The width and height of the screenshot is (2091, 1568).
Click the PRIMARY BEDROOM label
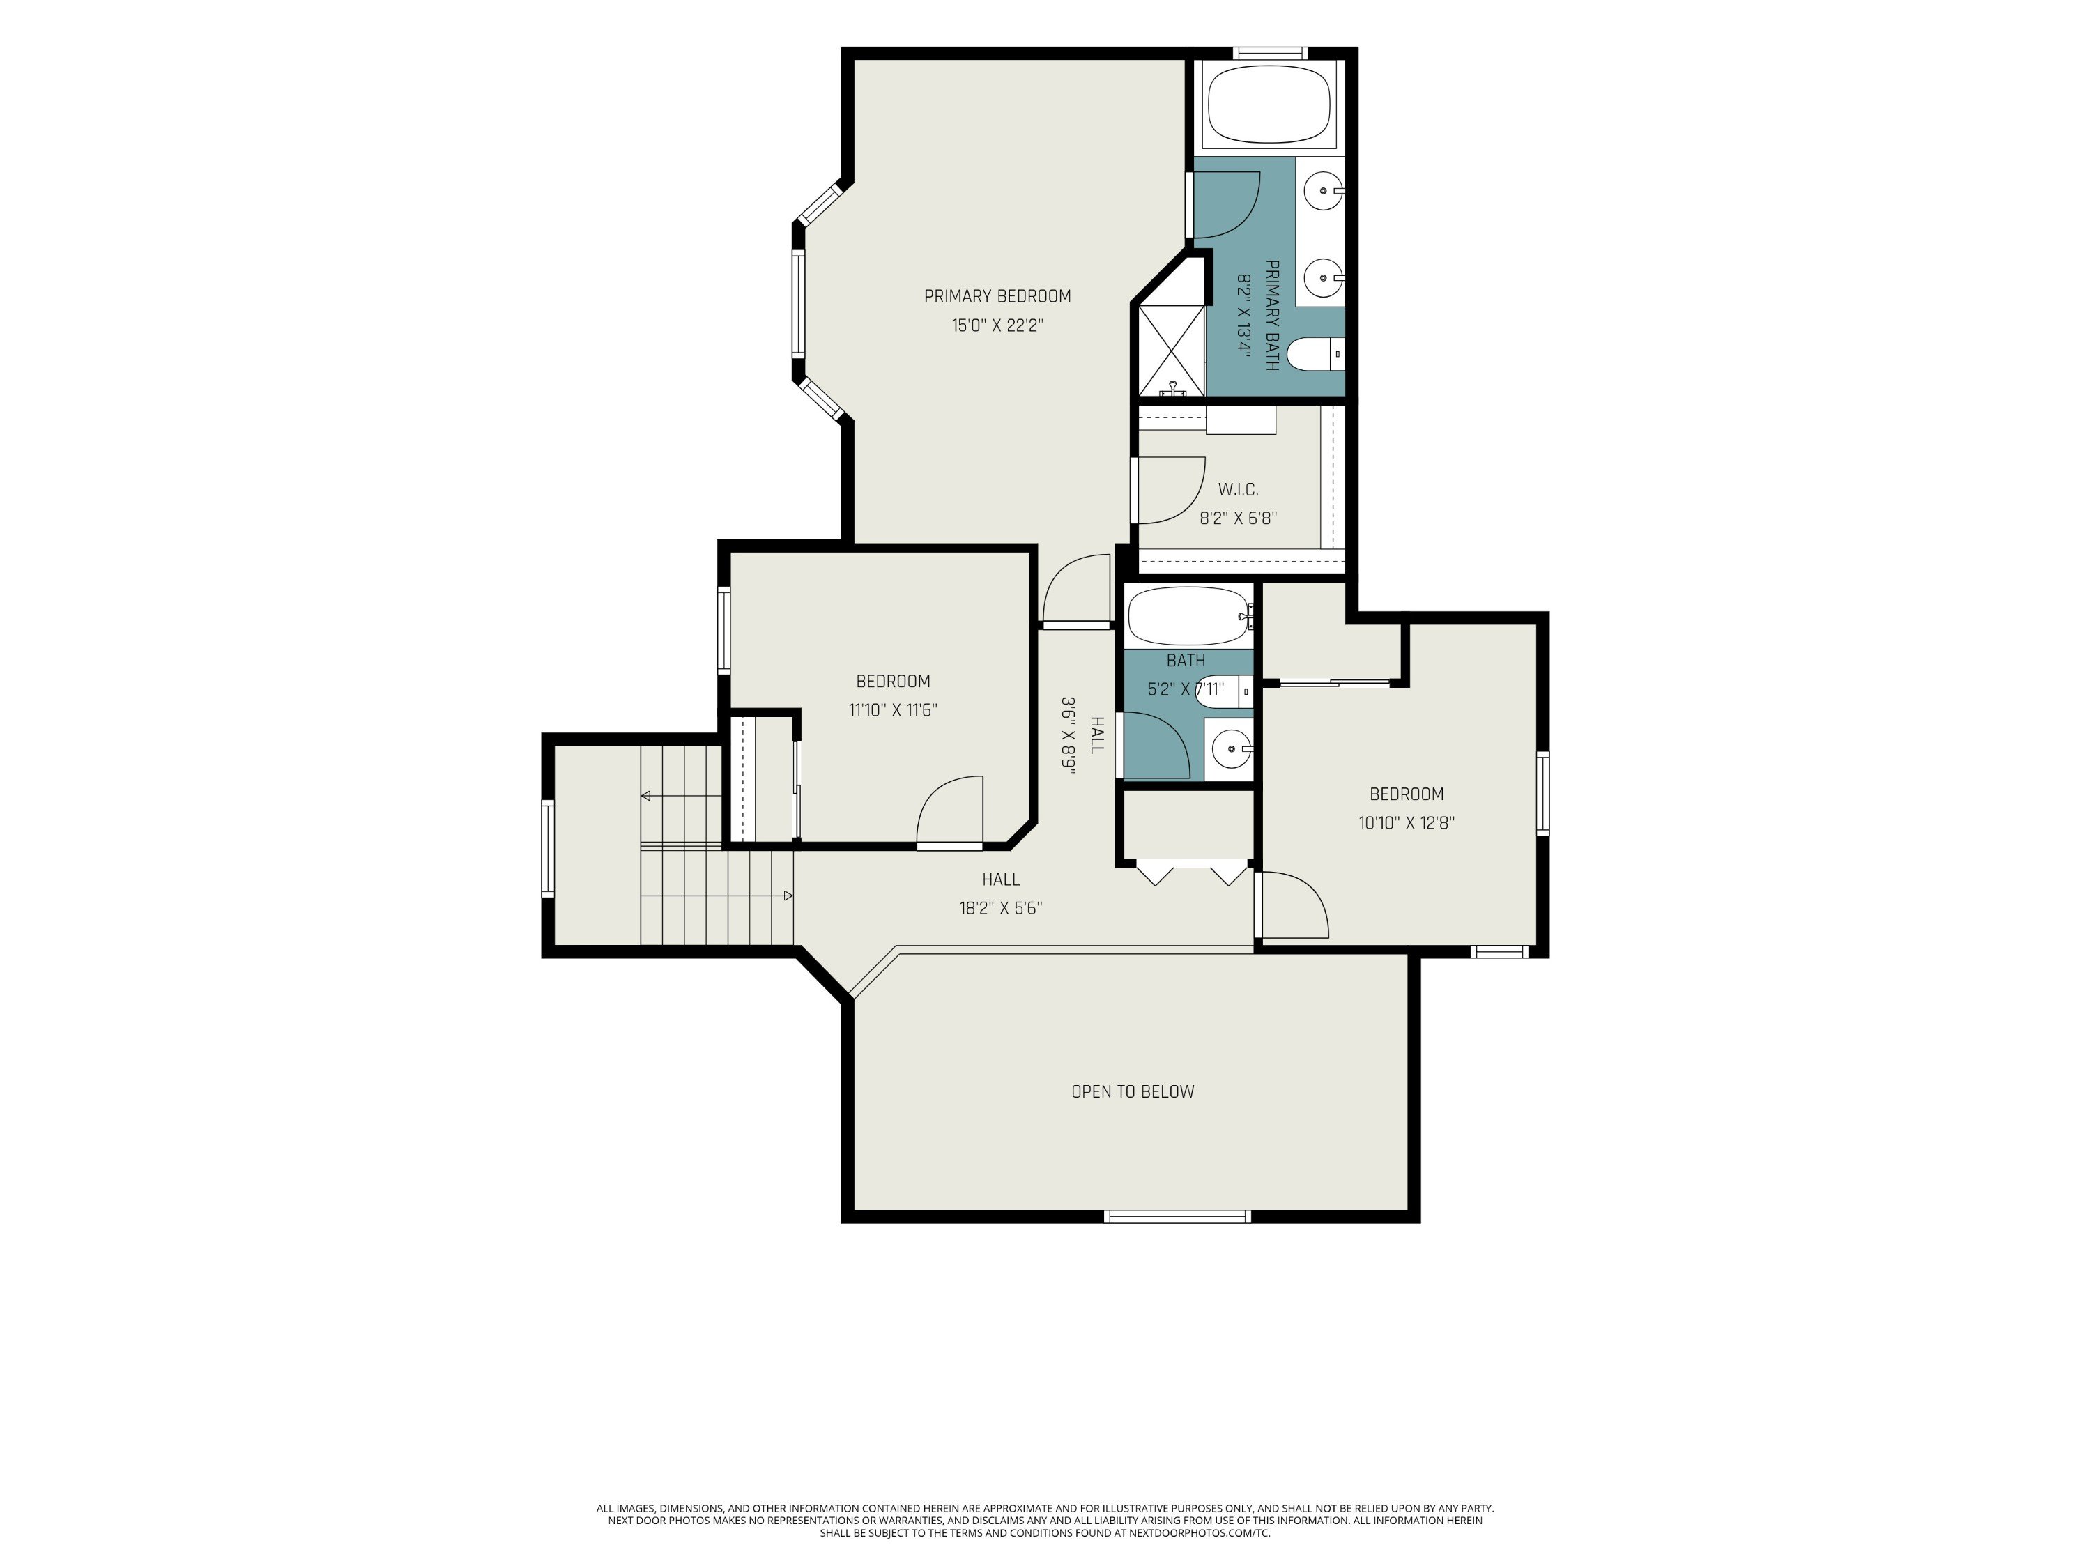point(997,296)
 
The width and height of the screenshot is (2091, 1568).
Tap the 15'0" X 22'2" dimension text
point(997,325)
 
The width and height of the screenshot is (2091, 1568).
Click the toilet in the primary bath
point(1316,353)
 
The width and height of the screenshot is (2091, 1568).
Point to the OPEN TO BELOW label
point(1133,1091)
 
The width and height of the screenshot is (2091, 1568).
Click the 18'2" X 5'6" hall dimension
point(1001,908)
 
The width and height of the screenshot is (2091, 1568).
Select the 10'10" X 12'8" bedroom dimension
point(1407,822)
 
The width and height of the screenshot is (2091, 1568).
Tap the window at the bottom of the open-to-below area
point(1178,1216)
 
